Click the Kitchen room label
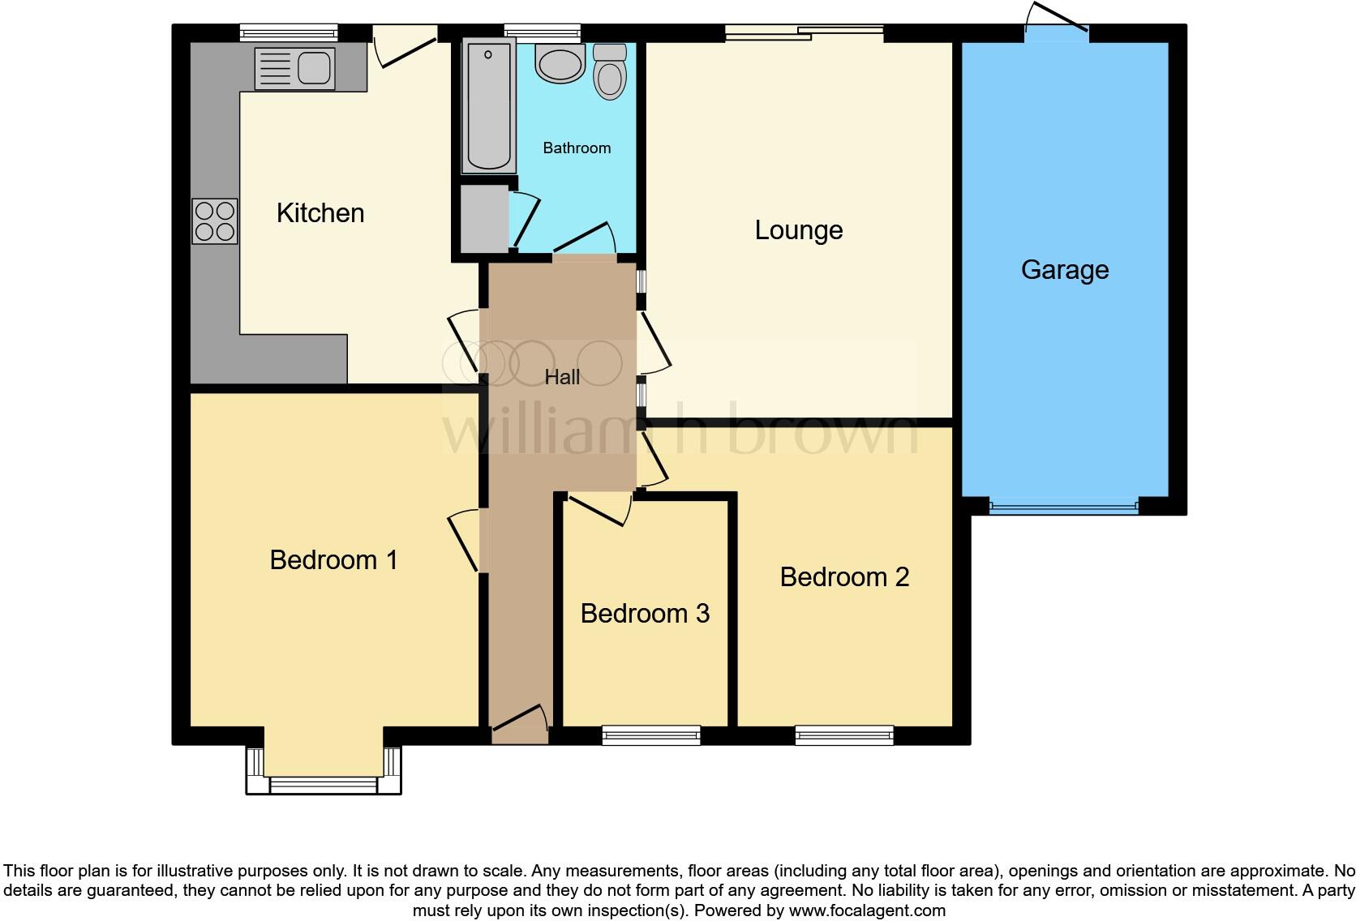coord(320,213)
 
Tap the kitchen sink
coord(294,68)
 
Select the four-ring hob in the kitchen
coord(215,221)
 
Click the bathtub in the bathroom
coord(488,106)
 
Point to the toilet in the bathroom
coord(610,71)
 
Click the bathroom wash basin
coord(560,63)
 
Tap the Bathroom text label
coord(577,148)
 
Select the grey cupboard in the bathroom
coord(484,219)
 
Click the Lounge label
coord(799,230)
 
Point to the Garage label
coord(1065,270)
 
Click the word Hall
coord(562,377)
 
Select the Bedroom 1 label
coord(333,560)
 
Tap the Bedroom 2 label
coord(844,577)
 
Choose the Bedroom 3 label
coord(645,614)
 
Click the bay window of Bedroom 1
coord(324,782)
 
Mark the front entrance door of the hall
coord(520,726)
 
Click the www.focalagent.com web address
coord(867,910)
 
